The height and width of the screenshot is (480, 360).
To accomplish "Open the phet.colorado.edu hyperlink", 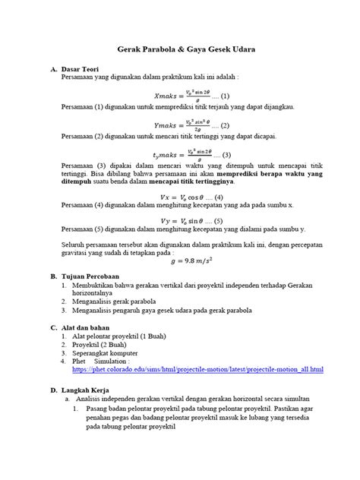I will point(198,370).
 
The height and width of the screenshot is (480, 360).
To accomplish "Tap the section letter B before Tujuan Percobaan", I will point(53,279).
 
